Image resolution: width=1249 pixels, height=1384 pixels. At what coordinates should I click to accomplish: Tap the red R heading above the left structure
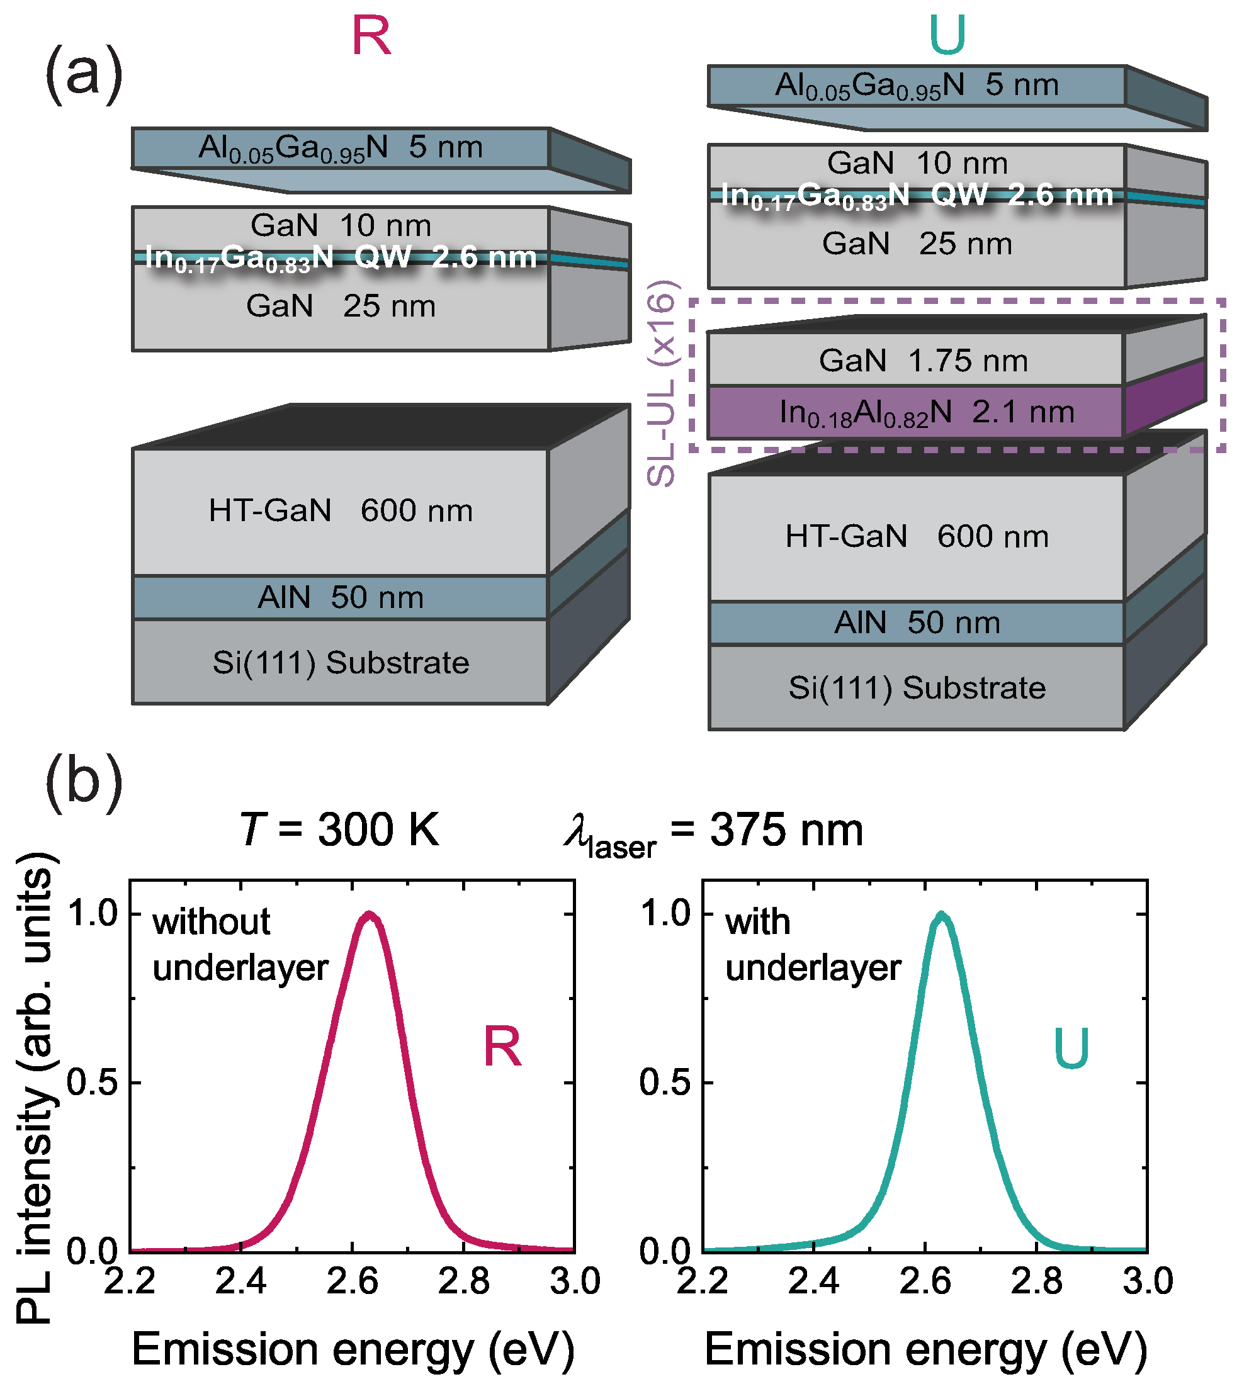(x=371, y=36)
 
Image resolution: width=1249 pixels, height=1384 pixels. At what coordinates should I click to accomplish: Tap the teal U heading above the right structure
(x=947, y=35)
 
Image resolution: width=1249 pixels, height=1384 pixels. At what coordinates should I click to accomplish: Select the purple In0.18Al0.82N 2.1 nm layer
(x=927, y=412)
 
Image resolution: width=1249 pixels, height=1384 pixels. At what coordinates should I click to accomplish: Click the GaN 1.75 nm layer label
(x=923, y=360)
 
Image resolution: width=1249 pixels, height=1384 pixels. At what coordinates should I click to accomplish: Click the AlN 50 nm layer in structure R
(x=341, y=597)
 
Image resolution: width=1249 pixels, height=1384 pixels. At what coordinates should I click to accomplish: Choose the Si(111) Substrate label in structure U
(x=917, y=687)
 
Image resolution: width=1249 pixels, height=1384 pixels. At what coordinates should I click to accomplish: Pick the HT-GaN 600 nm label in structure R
(x=341, y=510)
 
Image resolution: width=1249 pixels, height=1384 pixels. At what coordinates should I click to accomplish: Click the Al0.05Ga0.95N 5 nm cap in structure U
(x=917, y=86)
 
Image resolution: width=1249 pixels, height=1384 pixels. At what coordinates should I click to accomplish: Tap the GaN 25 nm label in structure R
(x=341, y=306)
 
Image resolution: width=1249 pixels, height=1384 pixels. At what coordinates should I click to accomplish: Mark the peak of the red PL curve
(x=370, y=916)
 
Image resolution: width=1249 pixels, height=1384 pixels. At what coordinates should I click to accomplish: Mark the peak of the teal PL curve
(x=942, y=916)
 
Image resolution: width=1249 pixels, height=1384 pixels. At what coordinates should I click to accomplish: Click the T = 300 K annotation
(x=339, y=830)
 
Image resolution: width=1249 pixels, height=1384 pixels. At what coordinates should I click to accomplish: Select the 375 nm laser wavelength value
(x=786, y=830)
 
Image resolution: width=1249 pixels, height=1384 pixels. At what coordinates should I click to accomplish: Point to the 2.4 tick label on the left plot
(x=241, y=1281)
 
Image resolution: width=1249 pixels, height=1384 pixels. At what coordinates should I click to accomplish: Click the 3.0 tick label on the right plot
(x=1148, y=1281)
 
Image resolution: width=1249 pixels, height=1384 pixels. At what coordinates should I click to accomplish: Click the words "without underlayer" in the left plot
(x=240, y=944)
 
